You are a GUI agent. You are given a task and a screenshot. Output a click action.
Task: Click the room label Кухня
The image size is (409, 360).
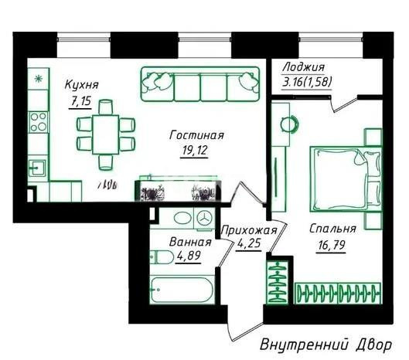[81, 85]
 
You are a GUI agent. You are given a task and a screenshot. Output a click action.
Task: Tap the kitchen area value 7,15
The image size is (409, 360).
[80, 100]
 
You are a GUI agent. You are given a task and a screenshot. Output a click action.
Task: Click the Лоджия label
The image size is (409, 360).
[303, 67]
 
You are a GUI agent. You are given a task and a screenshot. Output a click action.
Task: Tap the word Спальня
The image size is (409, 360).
[332, 229]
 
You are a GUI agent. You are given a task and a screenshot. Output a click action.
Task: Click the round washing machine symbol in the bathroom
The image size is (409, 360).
[203, 218]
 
